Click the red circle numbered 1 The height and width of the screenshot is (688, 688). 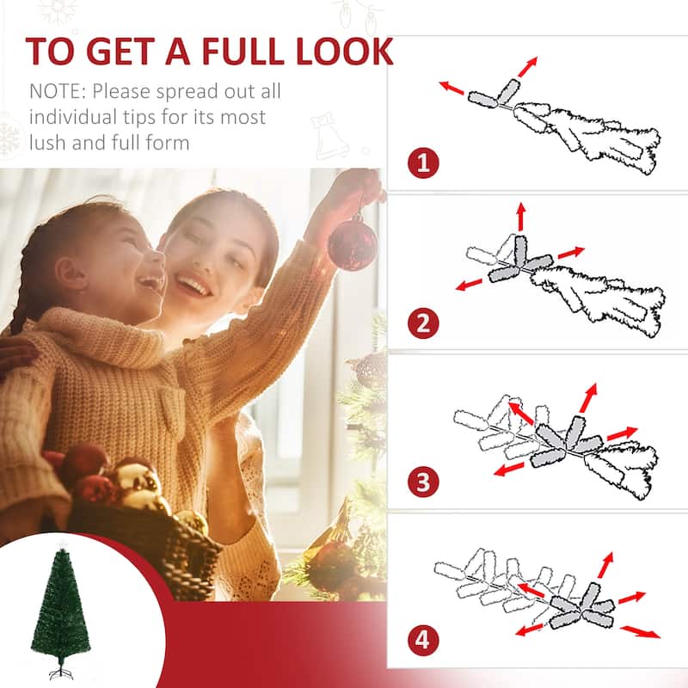coord(423,163)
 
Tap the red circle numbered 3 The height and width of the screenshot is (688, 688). coord(423,482)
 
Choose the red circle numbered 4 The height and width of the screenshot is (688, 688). coord(423,641)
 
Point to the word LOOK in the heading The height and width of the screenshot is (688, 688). coord(344,51)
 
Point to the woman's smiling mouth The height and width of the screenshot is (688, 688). coord(196,286)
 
